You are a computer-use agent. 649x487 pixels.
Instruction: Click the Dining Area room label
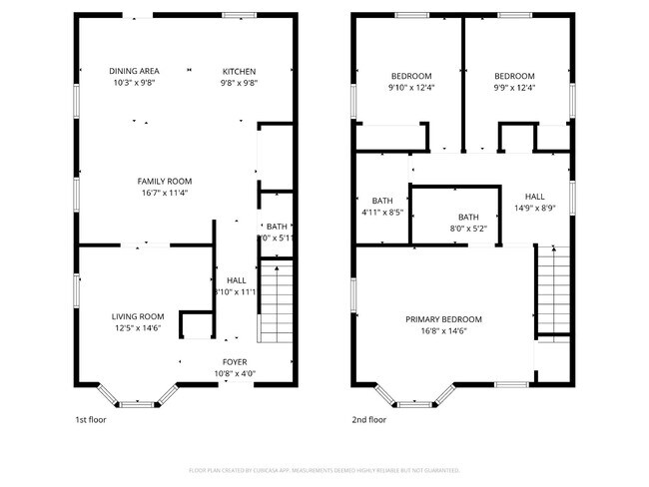tap(134, 71)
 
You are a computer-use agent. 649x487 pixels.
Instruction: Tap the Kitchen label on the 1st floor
tap(239, 71)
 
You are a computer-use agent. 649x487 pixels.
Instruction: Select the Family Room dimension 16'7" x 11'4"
tap(164, 193)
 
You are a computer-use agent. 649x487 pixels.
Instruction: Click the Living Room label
tap(137, 315)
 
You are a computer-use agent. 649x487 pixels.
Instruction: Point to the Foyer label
tap(235, 361)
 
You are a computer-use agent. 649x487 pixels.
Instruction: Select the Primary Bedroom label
tap(443, 319)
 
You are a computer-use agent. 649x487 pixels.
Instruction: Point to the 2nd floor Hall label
tap(535, 197)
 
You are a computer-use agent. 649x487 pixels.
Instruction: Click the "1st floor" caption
tap(91, 420)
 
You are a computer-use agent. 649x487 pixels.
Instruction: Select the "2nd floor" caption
tap(368, 420)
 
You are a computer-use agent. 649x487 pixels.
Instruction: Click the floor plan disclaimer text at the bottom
tap(324, 469)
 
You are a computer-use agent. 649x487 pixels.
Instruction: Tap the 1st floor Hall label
tap(236, 280)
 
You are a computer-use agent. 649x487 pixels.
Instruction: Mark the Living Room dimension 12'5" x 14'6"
tap(137, 327)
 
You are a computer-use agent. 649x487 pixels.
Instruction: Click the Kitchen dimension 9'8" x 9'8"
tap(239, 83)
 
